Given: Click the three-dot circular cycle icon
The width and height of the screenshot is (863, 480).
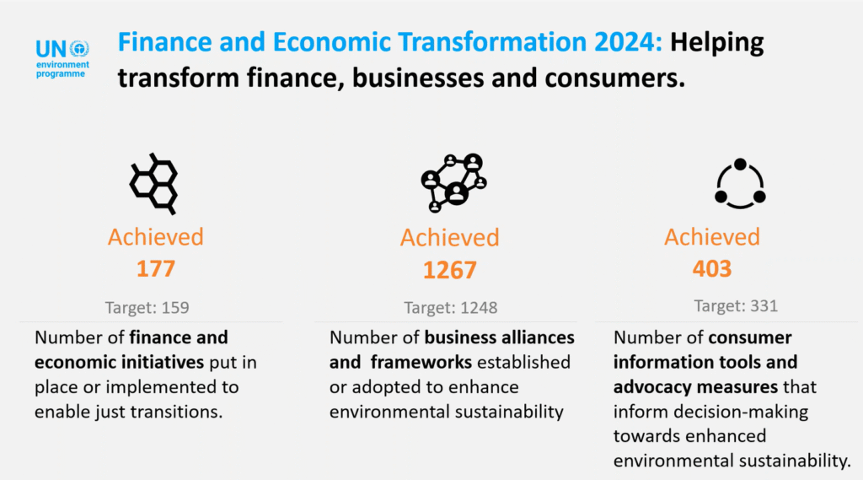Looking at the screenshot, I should point(739,183).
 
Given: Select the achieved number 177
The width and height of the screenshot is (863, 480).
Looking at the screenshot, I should point(155,268).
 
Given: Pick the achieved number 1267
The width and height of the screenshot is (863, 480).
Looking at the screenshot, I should point(449,270).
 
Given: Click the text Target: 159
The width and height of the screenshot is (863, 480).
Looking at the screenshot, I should point(147,308).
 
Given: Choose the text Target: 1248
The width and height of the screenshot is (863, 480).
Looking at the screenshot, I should point(450,308).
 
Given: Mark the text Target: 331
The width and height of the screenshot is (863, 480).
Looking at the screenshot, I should point(736,305).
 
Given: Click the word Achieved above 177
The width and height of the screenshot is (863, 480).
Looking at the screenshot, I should point(155,237).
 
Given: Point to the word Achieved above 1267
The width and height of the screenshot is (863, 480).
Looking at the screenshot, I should point(449,239).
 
